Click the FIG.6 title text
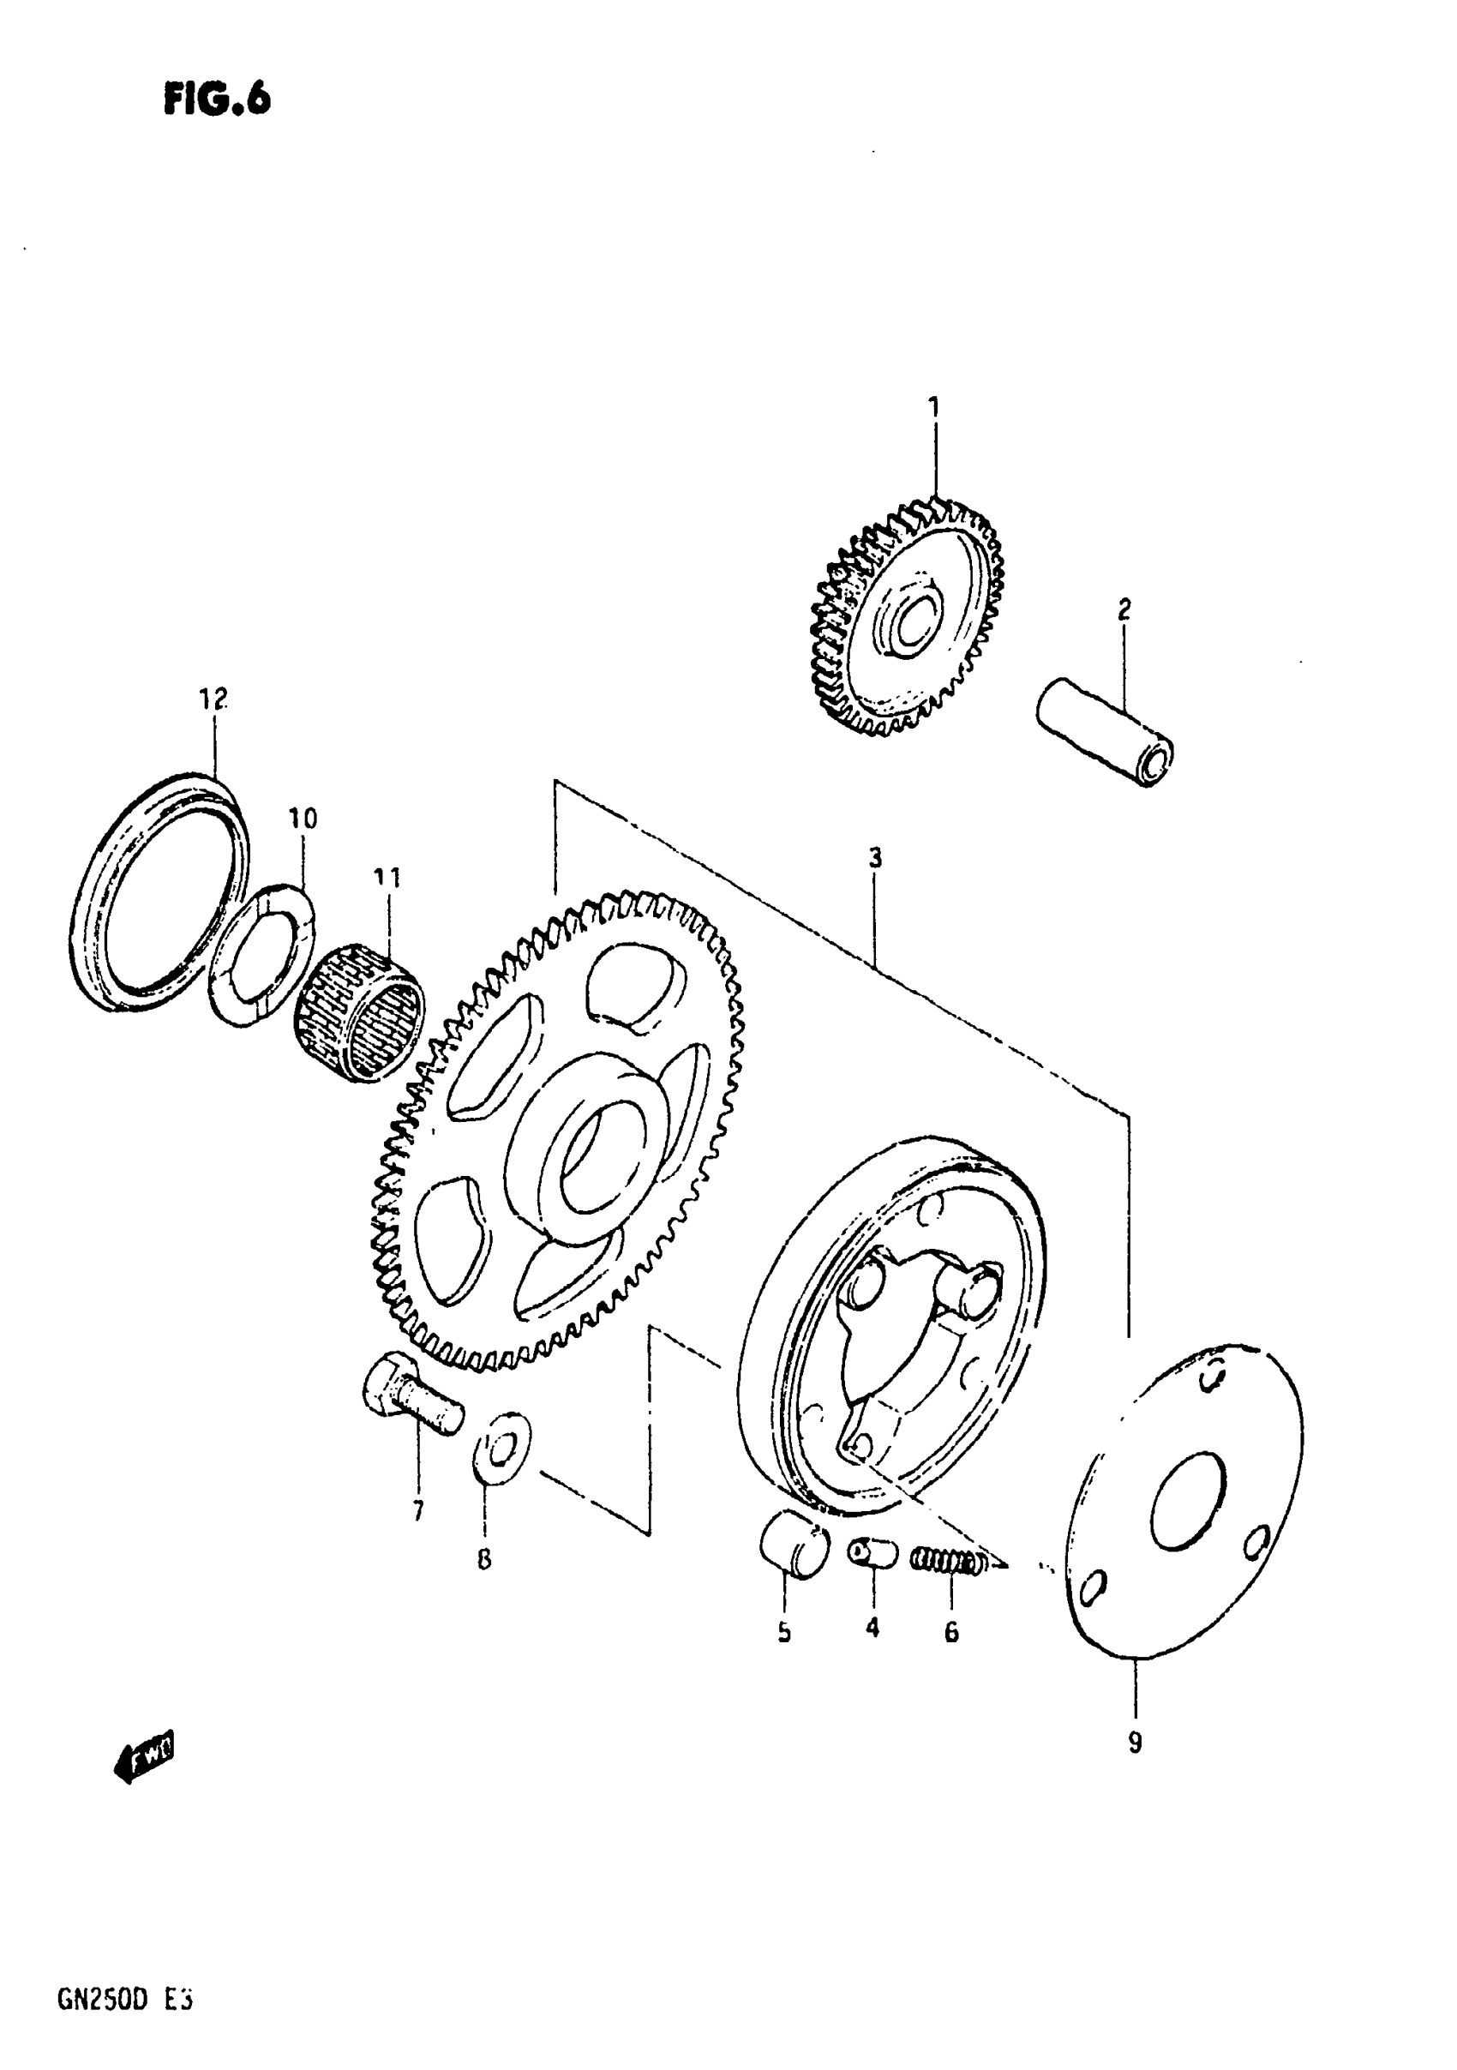216,99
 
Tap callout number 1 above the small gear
934,407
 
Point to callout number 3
874,858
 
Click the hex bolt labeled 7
411,1409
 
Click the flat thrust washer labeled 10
261,955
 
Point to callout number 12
213,699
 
